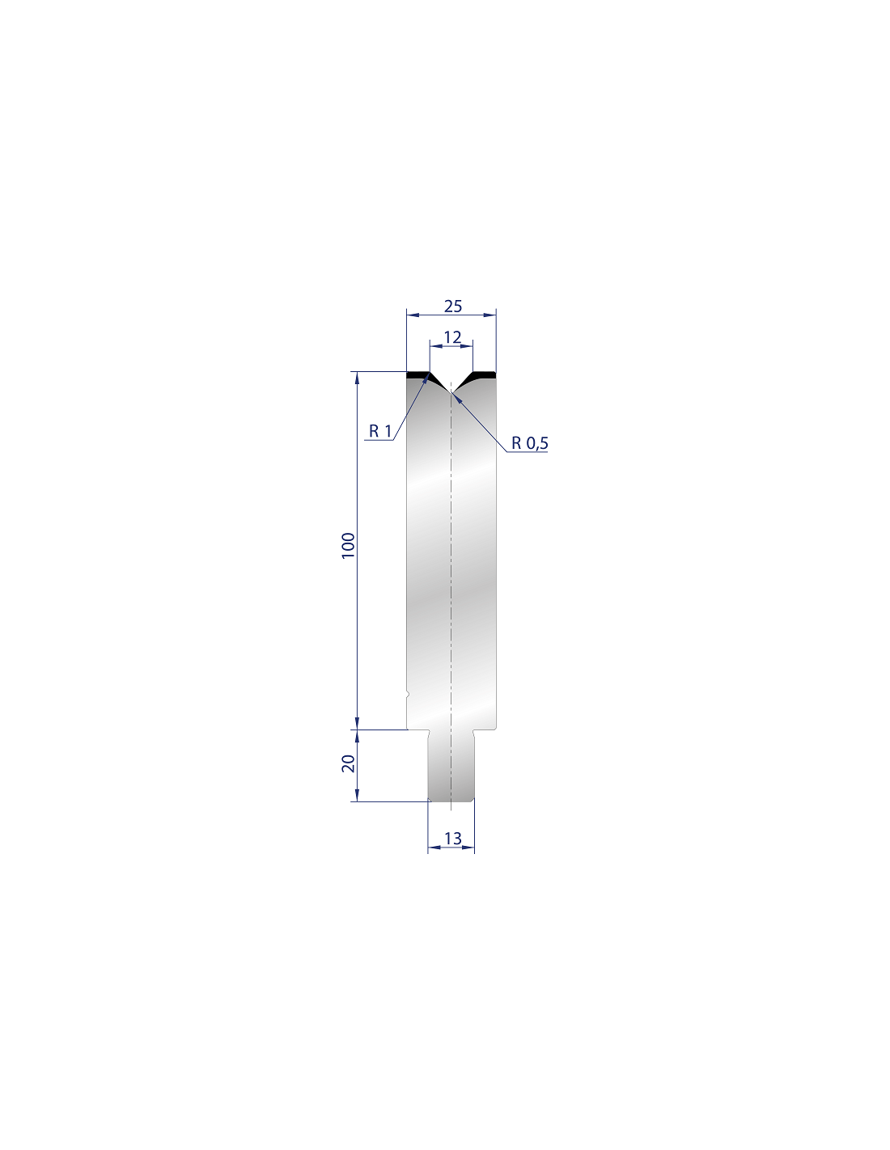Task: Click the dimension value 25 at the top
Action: pos(452,306)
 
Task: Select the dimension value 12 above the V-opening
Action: pos(452,336)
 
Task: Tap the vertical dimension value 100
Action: pos(348,546)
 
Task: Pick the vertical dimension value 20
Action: pos(349,763)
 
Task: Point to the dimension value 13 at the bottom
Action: pos(452,839)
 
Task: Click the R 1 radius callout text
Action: pos(380,431)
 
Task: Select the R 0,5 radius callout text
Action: pos(529,443)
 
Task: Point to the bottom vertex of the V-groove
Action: pos(451,392)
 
